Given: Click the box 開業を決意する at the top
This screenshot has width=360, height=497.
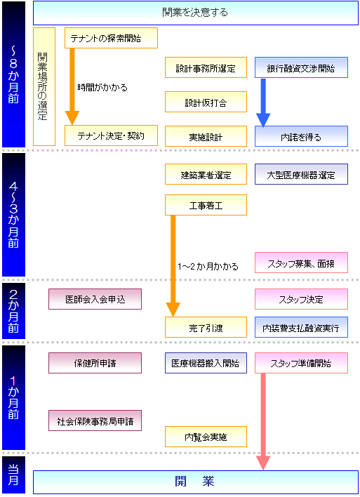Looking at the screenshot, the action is tap(196, 13).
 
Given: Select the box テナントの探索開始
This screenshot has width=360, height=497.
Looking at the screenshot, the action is tap(111, 38).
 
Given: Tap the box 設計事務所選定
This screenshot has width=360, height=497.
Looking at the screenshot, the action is tap(206, 67).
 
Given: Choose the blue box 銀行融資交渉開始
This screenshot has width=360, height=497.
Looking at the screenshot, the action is tap(301, 67).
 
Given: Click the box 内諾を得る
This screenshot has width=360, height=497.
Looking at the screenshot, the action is tap(301, 136).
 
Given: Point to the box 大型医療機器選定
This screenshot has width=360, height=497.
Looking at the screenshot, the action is tap(301, 174).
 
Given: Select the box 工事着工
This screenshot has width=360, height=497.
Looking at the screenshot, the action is tap(206, 205).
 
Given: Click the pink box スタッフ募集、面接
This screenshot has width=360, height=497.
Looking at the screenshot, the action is tap(301, 263).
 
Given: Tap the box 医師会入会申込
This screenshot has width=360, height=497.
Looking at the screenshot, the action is tap(95, 299).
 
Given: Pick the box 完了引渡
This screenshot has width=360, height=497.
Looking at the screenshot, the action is tap(206, 327).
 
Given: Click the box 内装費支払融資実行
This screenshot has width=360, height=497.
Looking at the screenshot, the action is tap(301, 327).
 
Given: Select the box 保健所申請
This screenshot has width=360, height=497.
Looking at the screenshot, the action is tap(95, 363).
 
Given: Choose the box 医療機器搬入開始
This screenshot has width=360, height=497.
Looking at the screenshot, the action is tap(206, 363).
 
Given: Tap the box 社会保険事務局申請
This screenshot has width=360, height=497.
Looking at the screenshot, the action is tap(95, 420).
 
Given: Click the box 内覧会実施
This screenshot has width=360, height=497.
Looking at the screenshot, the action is tap(206, 437).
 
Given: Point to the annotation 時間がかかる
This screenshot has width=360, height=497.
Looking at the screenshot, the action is tap(102, 88).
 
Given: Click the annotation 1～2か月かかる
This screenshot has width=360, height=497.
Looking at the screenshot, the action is tap(208, 267).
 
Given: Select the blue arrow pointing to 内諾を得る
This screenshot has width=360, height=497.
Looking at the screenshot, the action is tap(263, 103).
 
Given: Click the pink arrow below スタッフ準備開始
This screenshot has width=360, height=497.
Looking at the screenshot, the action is tap(263, 422).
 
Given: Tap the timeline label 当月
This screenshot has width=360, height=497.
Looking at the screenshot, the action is tap(13, 475).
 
